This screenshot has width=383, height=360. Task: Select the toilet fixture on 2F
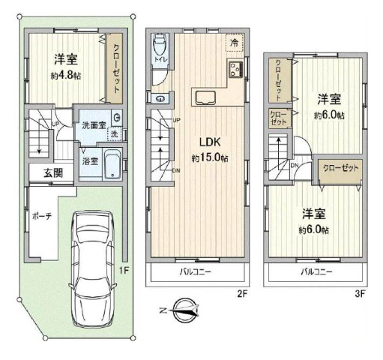[160, 44]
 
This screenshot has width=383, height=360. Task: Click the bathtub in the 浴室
[112, 164]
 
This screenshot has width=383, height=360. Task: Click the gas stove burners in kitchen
[236, 68]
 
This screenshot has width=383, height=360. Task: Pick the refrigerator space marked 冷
[235, 43]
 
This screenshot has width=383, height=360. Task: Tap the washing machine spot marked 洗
[114, 134]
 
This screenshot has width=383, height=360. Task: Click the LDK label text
[210, 142]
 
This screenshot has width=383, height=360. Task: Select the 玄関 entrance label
[53, 172]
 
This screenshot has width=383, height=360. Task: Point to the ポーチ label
[41, 216]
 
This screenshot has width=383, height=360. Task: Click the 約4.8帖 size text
[66, 76]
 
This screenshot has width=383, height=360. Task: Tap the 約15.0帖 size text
[210, 157]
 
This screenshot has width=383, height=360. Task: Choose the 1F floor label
[124, 270]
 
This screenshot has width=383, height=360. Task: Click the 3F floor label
[360, 294]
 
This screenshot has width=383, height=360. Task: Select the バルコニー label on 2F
[196, 271]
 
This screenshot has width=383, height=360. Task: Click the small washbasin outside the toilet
[160, 99]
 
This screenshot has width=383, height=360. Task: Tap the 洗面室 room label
[94, 125]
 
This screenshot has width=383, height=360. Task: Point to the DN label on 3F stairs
[295, 165]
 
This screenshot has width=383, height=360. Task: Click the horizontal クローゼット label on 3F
[341, 168]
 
